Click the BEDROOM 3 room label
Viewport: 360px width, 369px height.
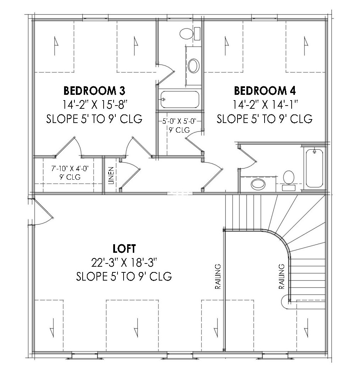(94, 91)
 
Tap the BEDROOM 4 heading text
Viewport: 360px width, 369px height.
(265, 91)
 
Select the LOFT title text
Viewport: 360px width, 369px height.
(124, 248)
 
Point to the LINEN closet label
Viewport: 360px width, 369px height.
(111, 175)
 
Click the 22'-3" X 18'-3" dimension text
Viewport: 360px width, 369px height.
(124, 262)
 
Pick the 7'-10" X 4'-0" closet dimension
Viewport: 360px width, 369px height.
(70, 169)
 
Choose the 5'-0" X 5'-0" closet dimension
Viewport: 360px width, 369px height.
(179, 122)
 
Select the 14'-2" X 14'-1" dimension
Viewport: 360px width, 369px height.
(265, 104)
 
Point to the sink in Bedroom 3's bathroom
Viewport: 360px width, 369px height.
(194, 66)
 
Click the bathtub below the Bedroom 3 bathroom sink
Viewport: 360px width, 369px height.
(180, 99)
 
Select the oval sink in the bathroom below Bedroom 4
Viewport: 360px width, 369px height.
(258, 184)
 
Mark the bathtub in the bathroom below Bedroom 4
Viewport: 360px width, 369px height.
(314, 168)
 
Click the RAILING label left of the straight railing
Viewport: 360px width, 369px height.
(218, 276)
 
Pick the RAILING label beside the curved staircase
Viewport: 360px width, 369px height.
(282, 276)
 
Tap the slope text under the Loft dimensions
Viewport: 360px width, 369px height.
(124, 276)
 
